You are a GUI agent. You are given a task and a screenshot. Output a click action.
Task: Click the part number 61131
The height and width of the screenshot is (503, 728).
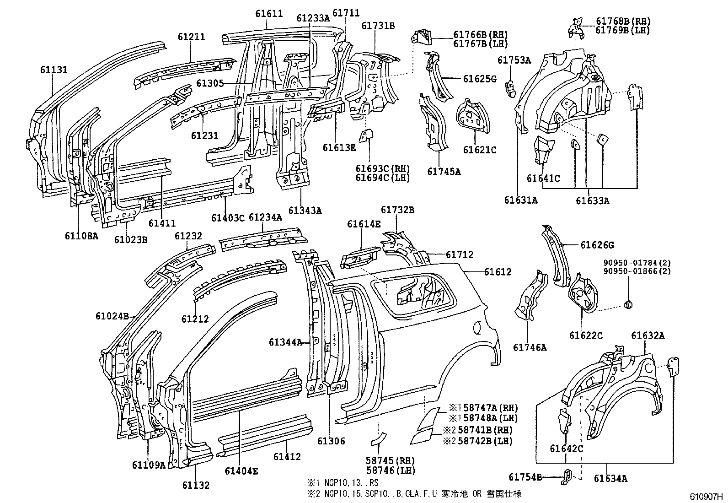click(54, 70)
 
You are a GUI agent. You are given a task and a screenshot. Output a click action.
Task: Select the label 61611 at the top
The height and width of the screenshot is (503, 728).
click(269, 14)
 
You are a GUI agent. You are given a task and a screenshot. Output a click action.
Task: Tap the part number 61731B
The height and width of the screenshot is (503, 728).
click(378, 26)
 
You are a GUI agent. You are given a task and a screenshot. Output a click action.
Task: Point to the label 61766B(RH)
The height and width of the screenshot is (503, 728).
click(480, 35)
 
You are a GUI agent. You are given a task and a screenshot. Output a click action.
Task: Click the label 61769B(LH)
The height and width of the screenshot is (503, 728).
click(623, 30)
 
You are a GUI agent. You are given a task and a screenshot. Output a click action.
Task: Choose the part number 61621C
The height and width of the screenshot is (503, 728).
click(479, 150)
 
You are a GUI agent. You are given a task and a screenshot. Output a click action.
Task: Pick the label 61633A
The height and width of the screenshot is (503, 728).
click(592, 200)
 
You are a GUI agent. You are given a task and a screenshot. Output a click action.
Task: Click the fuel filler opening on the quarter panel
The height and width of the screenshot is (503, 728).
click(477, 327)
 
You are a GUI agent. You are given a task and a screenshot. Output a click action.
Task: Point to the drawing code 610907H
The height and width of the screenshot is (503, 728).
click(707, 496)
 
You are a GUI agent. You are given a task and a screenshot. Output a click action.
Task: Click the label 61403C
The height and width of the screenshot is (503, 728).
click(228, 218)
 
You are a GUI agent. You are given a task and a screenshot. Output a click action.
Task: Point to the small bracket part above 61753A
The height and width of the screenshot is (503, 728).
click(511, 88)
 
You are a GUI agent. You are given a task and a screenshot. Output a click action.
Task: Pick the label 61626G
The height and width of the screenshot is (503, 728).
click(597, 245)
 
